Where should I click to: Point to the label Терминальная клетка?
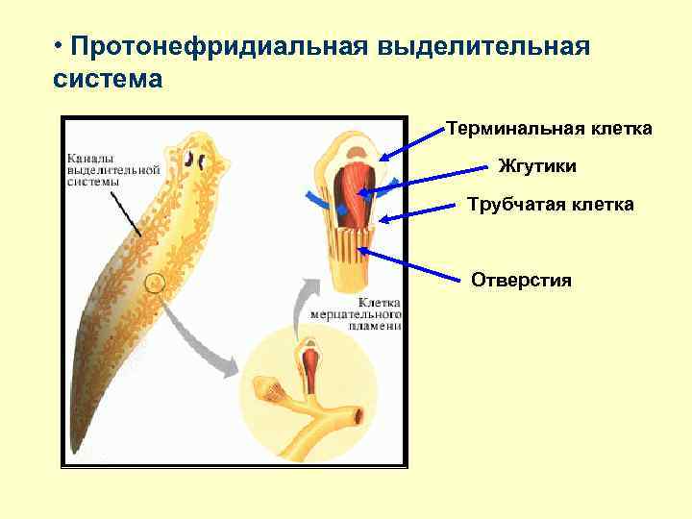[549, 129]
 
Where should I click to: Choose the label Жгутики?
[537, 166]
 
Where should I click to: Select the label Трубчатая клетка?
[550, 204]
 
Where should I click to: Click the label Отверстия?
[521, 280]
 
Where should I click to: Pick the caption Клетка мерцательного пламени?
[357, 311]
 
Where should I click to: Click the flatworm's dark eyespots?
[198, 159]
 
